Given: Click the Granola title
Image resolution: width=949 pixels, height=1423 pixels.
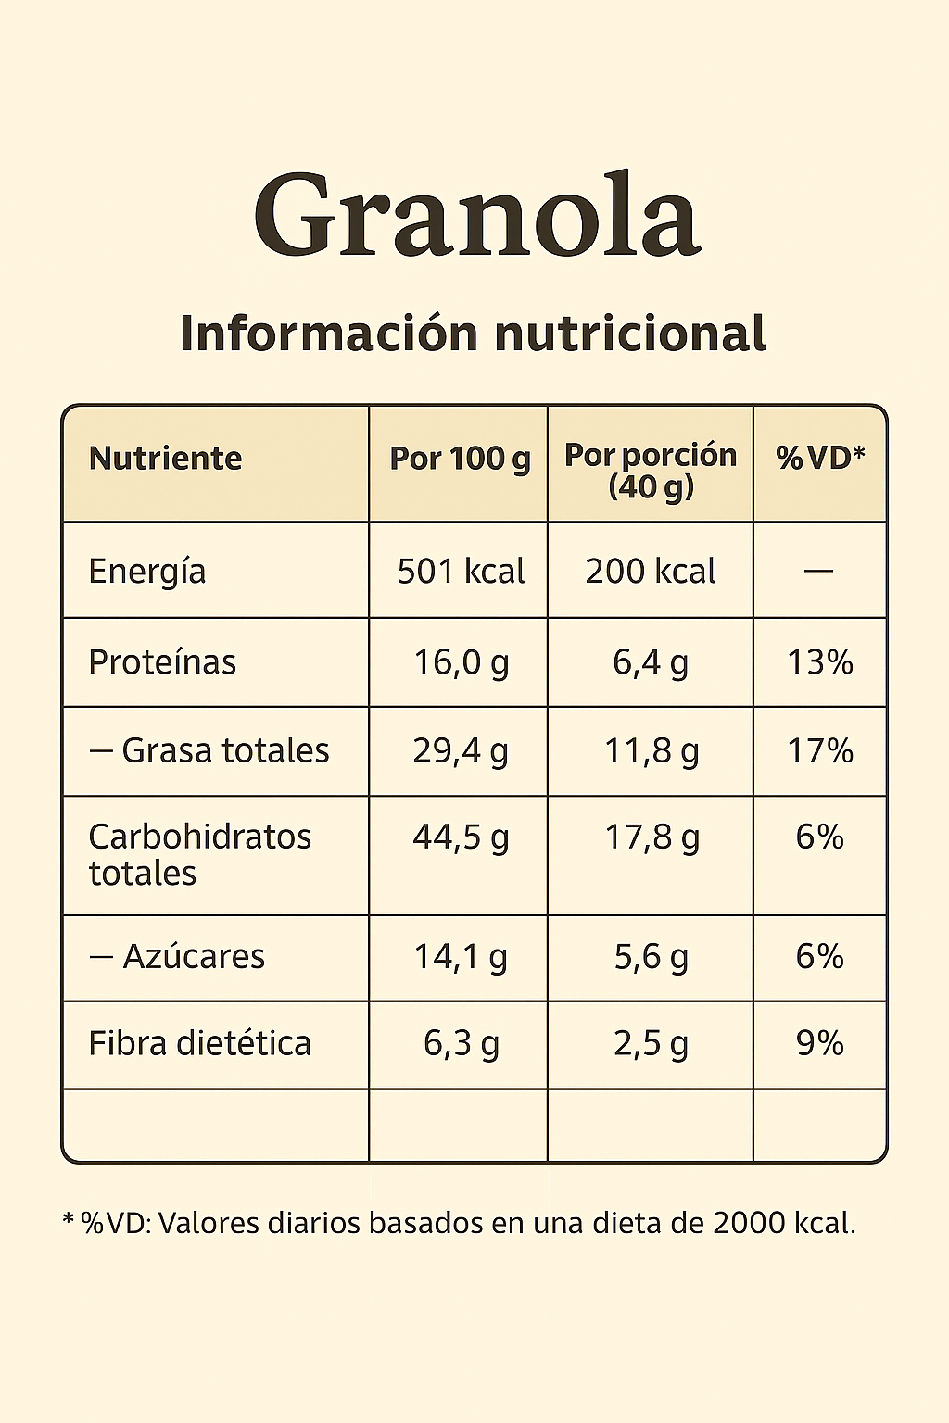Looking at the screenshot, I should pos(476,216).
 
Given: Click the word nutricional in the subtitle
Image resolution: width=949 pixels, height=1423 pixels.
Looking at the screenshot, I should pos(630,334).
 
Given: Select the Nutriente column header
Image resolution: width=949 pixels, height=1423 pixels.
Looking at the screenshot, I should pos(165,459).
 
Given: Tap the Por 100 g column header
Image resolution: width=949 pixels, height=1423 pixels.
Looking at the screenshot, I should pos(460,459).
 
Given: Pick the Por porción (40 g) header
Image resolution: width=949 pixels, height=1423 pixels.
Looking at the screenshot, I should pos(651,470).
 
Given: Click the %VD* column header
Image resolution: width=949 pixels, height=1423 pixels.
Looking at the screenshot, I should pos(820,457).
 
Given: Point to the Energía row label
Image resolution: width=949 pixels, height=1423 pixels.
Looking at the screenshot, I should pos(147,572).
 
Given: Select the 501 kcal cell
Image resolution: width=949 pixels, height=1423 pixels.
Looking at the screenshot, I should pos(461,572).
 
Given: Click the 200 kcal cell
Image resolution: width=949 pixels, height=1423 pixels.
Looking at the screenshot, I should pos(651,572).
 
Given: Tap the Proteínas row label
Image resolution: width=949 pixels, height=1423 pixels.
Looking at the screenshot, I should pos(162,662).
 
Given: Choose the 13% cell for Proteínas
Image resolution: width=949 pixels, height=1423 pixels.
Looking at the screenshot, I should pos(820,662).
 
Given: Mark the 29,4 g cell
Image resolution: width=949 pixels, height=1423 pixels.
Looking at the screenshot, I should pos(461,750).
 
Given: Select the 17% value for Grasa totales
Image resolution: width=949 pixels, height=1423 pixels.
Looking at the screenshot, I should pos(820,750).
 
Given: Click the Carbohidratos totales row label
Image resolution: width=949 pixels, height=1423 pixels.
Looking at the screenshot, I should pos(199,854).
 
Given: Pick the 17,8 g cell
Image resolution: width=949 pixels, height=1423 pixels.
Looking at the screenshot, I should pos(652,837).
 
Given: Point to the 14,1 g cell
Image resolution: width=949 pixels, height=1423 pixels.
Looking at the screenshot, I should pos(461,956).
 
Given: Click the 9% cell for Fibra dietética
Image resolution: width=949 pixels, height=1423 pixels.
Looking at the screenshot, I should pos(820,1043).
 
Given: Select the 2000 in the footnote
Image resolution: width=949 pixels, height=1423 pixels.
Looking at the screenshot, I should pos(749,1223).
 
